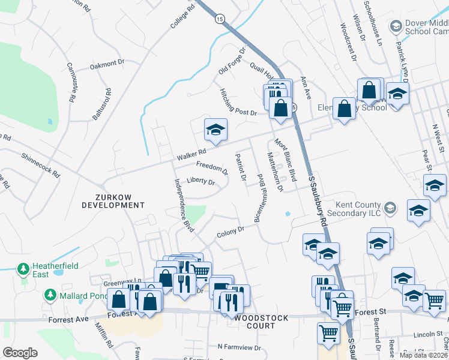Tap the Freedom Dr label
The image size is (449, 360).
tap(212, 167)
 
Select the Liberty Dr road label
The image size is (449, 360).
tap(200, 181)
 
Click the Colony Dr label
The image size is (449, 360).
tap(231, 231)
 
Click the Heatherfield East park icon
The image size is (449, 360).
tap(23, 268)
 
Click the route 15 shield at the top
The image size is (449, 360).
tap(220, 20)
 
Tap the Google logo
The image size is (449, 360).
tap(20, 353)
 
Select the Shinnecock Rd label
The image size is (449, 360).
tap(41, 164)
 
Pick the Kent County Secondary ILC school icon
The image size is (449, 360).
tap(390, 208)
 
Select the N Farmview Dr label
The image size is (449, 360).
tap(241, 346)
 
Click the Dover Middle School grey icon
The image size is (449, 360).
tap(396, 26)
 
